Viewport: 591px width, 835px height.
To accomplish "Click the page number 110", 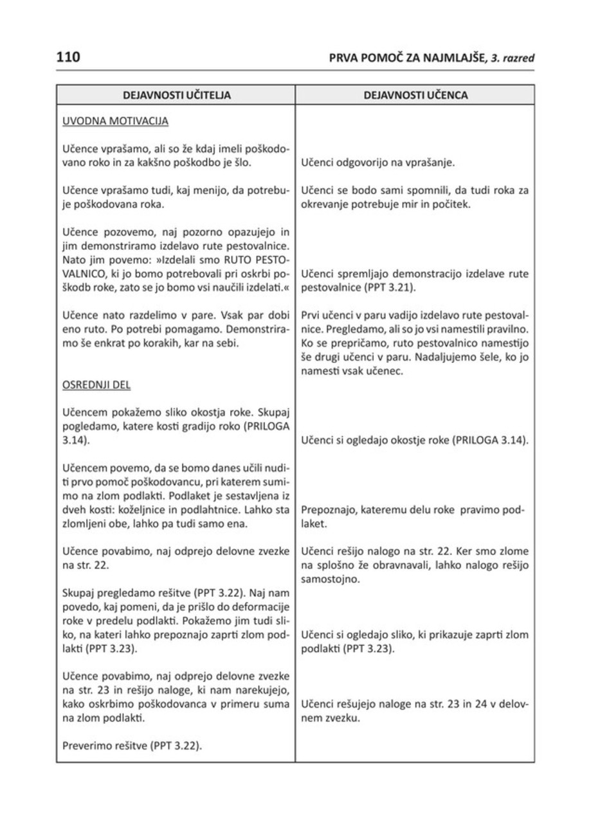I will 68,57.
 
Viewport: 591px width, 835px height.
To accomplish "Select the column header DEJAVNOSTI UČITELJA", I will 176,95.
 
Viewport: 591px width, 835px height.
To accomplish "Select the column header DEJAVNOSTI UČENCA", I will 415,95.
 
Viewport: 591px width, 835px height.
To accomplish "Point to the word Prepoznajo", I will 328,511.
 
